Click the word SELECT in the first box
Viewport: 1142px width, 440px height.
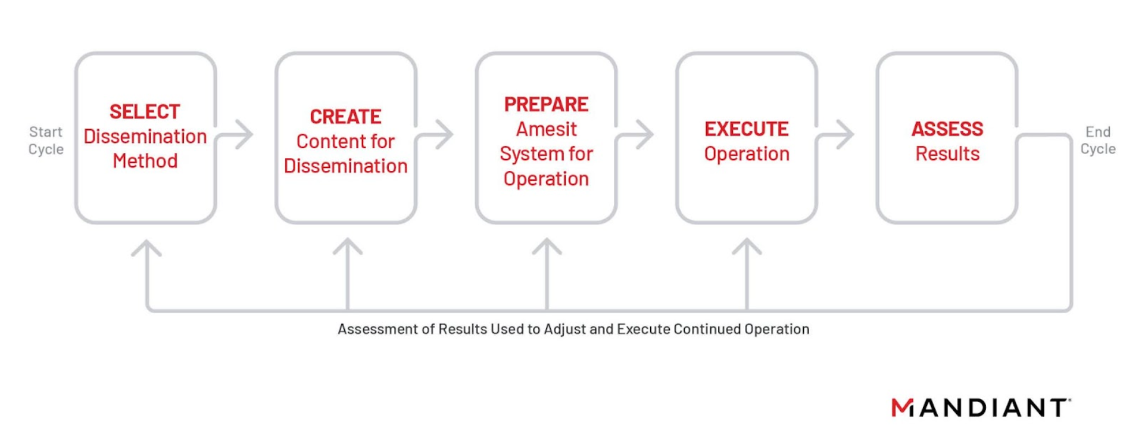[145, 111]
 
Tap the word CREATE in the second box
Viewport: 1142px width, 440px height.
[345, 116]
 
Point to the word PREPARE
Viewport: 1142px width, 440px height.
[546, 104]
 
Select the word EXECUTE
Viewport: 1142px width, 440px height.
[747, 129]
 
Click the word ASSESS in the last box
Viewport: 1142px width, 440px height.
[947, 129]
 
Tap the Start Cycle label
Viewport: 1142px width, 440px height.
[46, 141]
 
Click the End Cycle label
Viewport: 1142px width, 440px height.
[1098, 141]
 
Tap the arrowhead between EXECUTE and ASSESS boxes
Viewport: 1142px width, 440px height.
[845, 134]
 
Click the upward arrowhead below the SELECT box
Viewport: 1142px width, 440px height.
[146, 248]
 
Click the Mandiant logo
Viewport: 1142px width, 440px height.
[981, 407]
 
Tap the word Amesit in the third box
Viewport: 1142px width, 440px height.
[546, 129]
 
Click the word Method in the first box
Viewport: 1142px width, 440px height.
[145, 161]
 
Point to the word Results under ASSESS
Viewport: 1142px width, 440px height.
[947, 154]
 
